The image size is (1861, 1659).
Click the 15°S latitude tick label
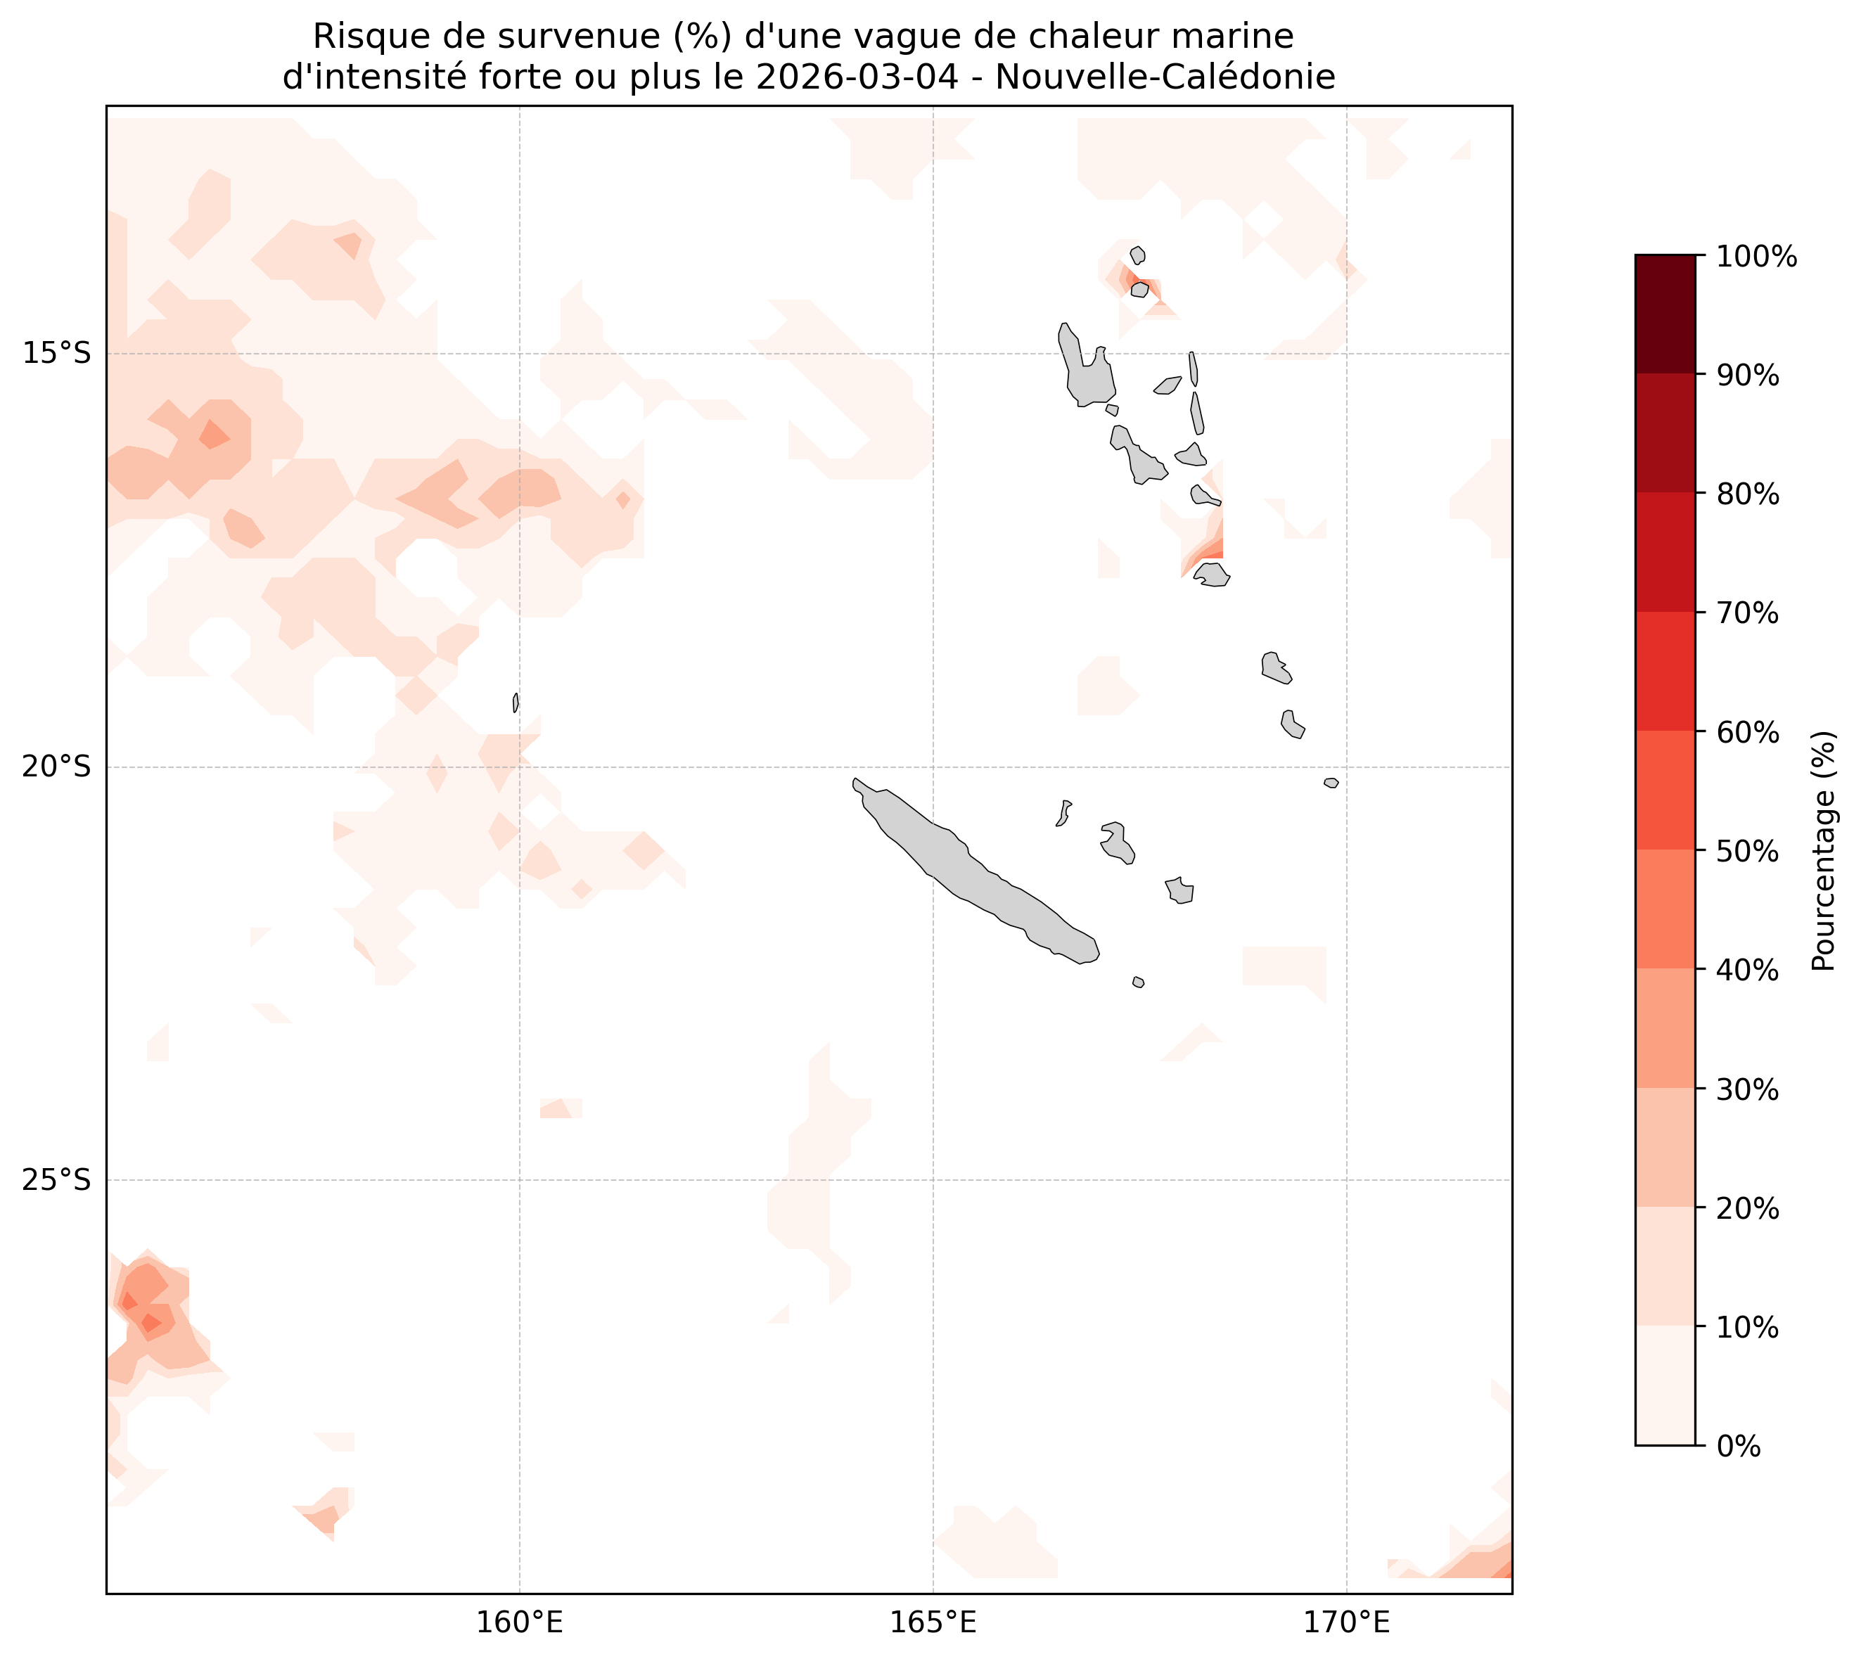[x=56, y=354]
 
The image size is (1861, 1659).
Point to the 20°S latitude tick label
[x=56, y=767]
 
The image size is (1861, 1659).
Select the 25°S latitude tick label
[x=56, y=1181]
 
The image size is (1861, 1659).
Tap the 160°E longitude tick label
[x=520, y=1622]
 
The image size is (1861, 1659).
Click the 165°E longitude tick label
[x=933, y=1622]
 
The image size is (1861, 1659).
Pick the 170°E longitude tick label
[x=1347, y=1622]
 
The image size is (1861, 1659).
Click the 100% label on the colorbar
[x=1756, y=257]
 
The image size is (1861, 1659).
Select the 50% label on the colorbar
[x=1747, y=852]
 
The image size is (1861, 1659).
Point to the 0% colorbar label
[x=1738, y=1447]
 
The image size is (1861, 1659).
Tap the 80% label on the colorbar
[x=1747, y=495]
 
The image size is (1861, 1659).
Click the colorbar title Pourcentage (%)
[x=1824, y=850]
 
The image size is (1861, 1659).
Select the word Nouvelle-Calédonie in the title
[x=1165, y=78]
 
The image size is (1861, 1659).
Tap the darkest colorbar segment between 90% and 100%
[x=1665, y=314]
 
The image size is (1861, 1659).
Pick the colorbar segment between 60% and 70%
[x=1665, y=671]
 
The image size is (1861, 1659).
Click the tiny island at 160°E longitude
[x=516, y=703]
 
